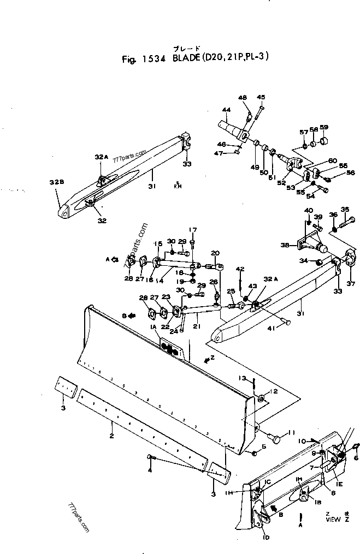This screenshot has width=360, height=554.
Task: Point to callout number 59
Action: pos(324,128)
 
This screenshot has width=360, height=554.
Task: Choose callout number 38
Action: pos(285,246)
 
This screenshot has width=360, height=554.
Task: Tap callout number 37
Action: pos(350,283)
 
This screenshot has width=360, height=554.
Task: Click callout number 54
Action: pos(310,197)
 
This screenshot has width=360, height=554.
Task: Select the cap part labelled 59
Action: pos(324,140)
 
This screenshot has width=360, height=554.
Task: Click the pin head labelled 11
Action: pos(276,439)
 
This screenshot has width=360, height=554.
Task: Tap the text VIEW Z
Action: pos(333,520)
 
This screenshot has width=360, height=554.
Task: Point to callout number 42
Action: pos(240,269)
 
